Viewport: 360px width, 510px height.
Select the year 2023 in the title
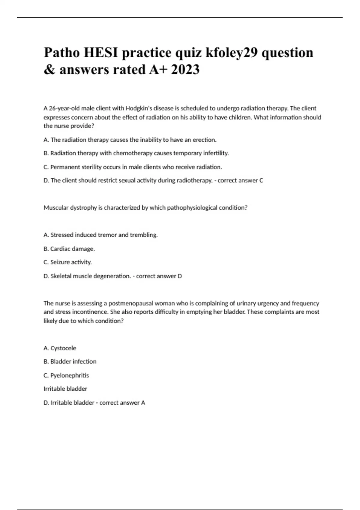point(185,70)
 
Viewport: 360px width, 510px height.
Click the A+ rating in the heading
point(158,70)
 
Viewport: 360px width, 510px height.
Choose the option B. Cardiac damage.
point(69,249)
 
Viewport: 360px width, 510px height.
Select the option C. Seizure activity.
point(68,262)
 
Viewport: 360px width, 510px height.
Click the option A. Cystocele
point(60,348)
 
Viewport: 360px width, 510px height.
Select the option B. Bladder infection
point(70,361)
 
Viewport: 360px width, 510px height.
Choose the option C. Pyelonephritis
point(66,375)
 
